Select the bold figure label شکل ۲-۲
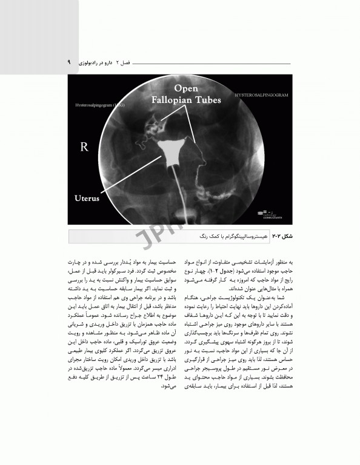[281, 233]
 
